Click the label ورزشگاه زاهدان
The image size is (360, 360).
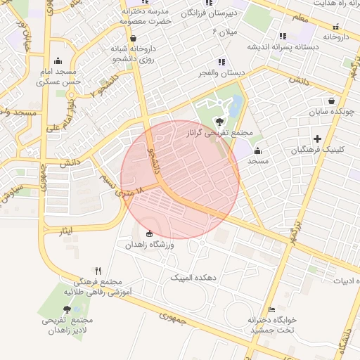click(148, 245)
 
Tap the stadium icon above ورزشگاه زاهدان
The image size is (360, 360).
click(148, 233)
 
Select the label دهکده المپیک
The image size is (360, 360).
click(193, 278)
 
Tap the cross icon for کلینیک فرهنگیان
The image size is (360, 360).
click(318, 139)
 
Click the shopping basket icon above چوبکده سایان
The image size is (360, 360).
click(330, 100)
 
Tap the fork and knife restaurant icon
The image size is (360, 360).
click(98, 271)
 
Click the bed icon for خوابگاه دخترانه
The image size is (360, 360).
click(272, 309)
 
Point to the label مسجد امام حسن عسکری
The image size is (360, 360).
click(57, 77)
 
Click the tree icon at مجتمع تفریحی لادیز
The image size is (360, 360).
click(67, 309)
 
